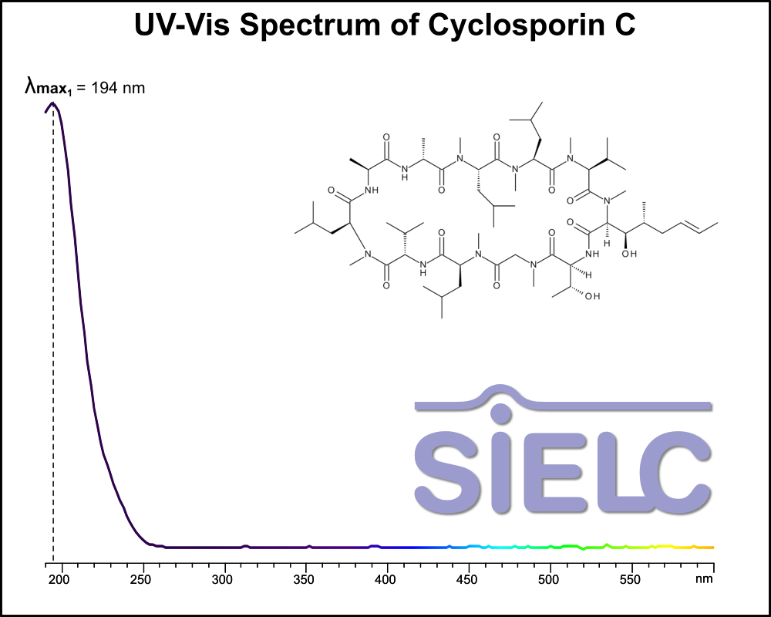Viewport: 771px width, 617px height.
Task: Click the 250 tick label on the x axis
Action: tap(142, 578)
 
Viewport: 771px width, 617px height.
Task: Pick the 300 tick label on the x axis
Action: tap(224, 578)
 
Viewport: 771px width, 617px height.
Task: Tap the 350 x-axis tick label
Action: tap(305, 578)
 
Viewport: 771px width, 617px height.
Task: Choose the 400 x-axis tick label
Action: tap(387, 578)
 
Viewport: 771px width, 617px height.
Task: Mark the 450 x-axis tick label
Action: tap(469, 578)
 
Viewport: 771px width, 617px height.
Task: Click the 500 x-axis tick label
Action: tap(550, 578)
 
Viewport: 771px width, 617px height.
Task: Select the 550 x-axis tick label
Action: tap(632, 578)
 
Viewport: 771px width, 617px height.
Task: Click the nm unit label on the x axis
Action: tap(703, 578)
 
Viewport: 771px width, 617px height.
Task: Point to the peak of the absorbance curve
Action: tap(52, 103)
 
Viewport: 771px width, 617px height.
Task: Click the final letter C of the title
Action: tap(623, 25)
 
